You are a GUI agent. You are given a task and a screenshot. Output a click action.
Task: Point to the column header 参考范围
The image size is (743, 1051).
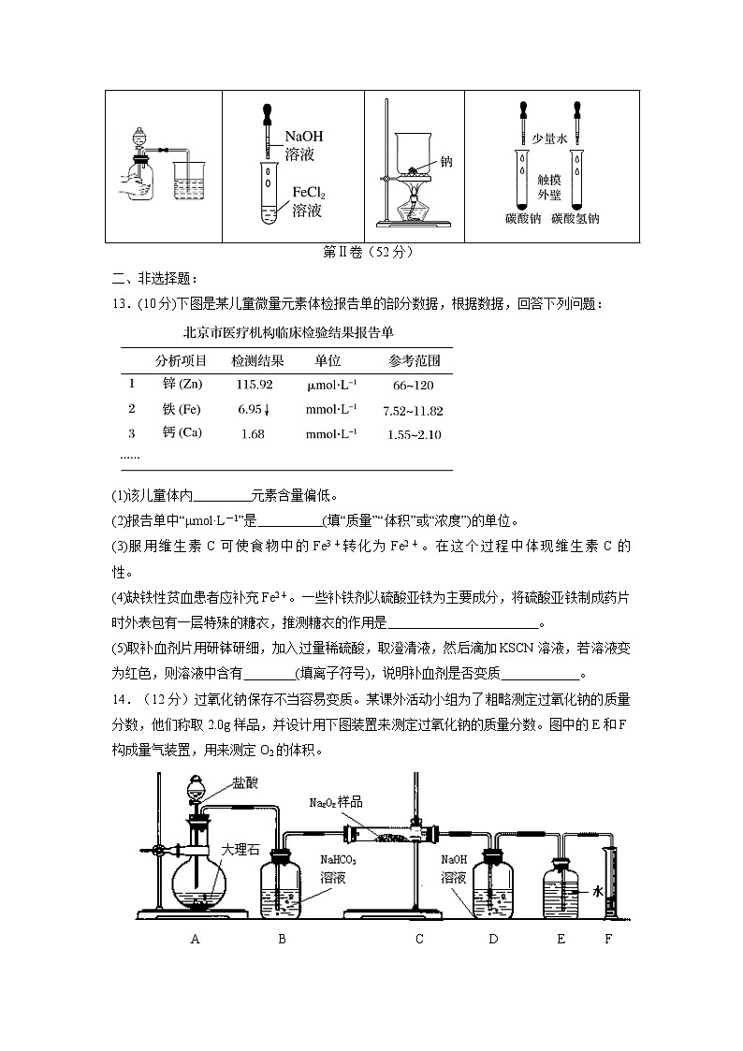tap(414, 360)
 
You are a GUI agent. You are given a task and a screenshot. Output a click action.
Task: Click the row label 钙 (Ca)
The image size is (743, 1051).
tap(182, 433)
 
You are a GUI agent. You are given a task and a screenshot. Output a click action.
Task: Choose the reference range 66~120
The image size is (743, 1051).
tap(413, 385)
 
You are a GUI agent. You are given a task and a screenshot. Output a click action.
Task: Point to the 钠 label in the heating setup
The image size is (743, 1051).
tap(445, 161)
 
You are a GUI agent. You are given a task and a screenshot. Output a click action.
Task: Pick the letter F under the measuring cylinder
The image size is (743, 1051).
tap(607, 939)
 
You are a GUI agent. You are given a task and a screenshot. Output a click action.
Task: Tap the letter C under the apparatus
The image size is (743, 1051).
tap(420, 939)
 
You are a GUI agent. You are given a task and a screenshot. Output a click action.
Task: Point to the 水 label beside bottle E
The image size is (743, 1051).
tap(597, 892)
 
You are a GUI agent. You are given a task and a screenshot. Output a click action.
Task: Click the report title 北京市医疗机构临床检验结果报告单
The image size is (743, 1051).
tap(288, 331)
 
